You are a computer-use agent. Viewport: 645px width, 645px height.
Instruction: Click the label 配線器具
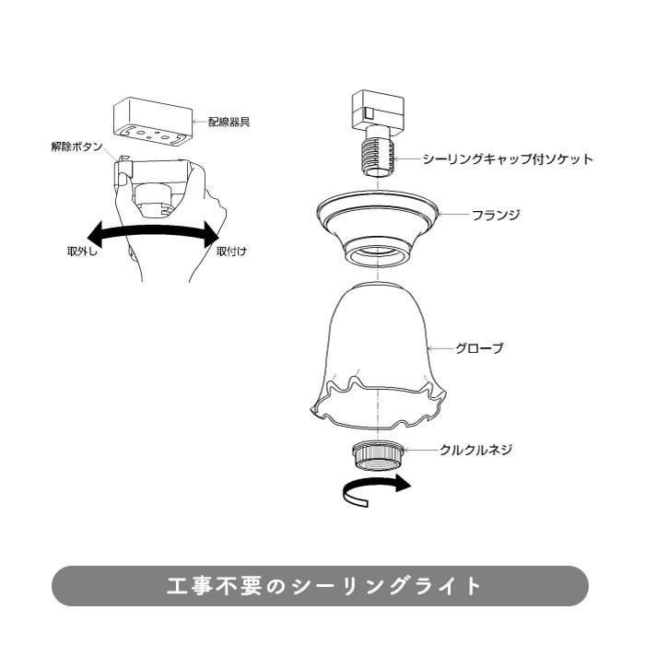[x=229, y=122]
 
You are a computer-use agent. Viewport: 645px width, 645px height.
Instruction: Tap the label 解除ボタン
[x=76, y=147]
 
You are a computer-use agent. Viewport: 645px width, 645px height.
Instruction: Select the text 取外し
[x=82, y=251]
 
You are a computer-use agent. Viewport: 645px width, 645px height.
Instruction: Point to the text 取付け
[x=231, y=251]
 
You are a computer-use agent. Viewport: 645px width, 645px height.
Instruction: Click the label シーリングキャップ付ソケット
[x=508, y=158]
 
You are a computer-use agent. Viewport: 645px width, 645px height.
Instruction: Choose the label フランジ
[x=496, y=215]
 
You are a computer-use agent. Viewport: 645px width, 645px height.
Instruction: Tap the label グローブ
[x=479, y=348]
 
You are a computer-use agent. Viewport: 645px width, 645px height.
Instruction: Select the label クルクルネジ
[x=476, y=450]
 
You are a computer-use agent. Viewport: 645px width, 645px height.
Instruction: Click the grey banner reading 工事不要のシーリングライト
[x=320, y=586]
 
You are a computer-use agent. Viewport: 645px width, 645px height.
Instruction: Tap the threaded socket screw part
[x=378, y=154]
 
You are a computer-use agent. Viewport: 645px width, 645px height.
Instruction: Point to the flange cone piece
[x=376, y=228]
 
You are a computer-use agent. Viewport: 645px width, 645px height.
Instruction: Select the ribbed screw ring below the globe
[x=377, y=455]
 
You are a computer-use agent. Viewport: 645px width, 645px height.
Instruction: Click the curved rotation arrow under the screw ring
[x=376, y=490]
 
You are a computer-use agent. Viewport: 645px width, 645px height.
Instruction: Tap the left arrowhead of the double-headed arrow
[x=96, y=235]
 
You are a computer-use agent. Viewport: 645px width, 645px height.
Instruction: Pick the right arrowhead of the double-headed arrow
[x=211, y=235]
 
